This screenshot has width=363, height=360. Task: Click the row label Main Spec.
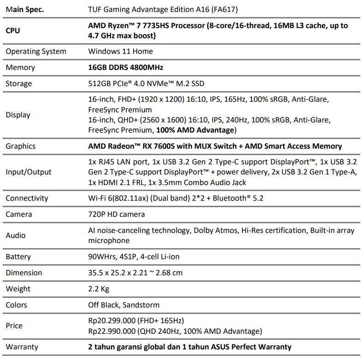coord(25,9)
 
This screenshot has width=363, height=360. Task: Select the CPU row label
coord(13,30)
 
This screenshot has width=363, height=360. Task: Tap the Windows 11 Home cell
coord(120,51)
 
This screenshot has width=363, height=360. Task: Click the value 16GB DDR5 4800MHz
coord(126,67)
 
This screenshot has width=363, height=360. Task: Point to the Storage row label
coord(19,83)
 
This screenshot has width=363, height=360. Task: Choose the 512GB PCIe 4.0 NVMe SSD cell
coord(146,83)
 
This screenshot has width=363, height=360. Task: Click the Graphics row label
coord(20,146)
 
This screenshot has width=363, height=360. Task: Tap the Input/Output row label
coord(29,172)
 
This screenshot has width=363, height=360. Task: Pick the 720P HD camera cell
coord(117,214)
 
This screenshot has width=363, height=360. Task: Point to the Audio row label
coord(16,235)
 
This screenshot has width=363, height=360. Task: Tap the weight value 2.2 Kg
coord(99,289)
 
